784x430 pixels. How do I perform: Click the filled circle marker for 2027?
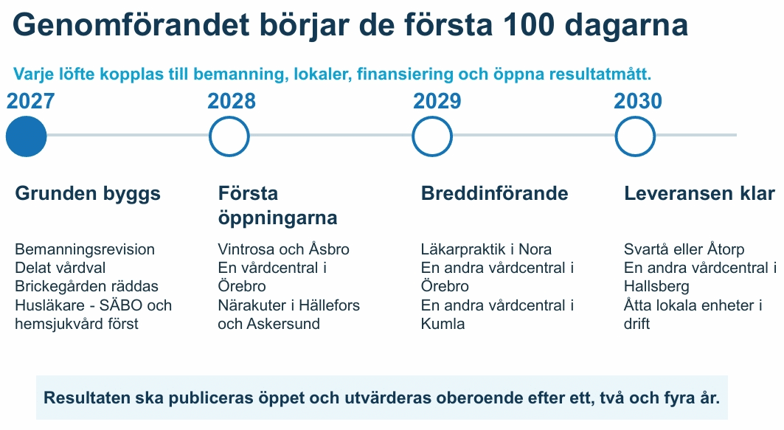pos(26,136)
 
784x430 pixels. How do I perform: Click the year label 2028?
pos(232,101)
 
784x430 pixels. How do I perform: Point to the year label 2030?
pos(638,101)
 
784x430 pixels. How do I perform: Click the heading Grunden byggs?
pos(88,194)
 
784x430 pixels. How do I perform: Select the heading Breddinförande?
pos(494,193)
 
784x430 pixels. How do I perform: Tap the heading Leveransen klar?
pos(699,193)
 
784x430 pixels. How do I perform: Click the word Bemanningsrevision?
pos(85,249)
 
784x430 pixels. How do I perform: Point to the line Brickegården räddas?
pos(86,286)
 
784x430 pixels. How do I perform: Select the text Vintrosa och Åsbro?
pos(283,249)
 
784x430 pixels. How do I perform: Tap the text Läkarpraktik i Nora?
pos(486,249)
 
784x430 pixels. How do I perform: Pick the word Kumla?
pos(443,324)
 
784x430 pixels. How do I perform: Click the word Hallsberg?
pos(656,287)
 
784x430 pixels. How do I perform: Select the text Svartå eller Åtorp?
pos(684,249)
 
